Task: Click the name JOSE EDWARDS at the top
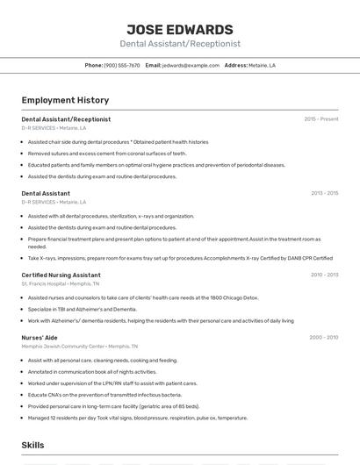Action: tap(179, 29)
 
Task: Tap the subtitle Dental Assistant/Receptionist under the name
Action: tap(179, 43)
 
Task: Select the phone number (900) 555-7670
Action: tap(122, 65)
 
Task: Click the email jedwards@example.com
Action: tap(191, 65)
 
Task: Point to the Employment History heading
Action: tap(65, 100)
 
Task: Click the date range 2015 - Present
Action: tap(320, 118)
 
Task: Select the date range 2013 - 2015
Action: tap(323, 193)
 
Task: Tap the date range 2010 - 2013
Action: tap(323, 275)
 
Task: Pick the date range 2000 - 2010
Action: tap(323, 337)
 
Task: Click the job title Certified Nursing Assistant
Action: tap(61, 275)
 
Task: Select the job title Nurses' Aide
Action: tap(40, 337)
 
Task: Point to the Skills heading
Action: tap(32, 445)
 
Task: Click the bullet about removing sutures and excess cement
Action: tap(107, 153)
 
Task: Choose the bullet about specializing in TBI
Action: tap(83, 309)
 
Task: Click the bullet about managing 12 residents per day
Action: tap(138, 418)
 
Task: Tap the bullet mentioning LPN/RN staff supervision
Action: tap(112, 383)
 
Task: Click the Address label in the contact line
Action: tap(235, 65)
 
